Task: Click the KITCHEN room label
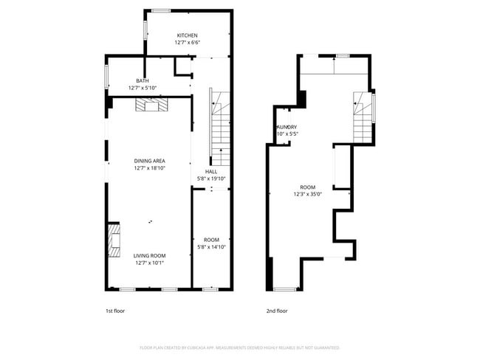187,35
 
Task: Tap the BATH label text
143,80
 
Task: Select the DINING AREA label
149,161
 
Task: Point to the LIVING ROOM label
149,255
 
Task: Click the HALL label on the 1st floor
211,171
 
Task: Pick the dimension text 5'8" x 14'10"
211,247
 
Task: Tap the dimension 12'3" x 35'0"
307,194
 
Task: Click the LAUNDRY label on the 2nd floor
287,128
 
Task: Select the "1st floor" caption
114,311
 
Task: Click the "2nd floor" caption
277,311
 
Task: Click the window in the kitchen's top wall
160,10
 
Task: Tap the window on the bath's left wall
107,76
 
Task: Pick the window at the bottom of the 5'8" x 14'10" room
210,288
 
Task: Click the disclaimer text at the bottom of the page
239,347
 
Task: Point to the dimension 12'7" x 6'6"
187,43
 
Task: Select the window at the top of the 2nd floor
342,56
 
